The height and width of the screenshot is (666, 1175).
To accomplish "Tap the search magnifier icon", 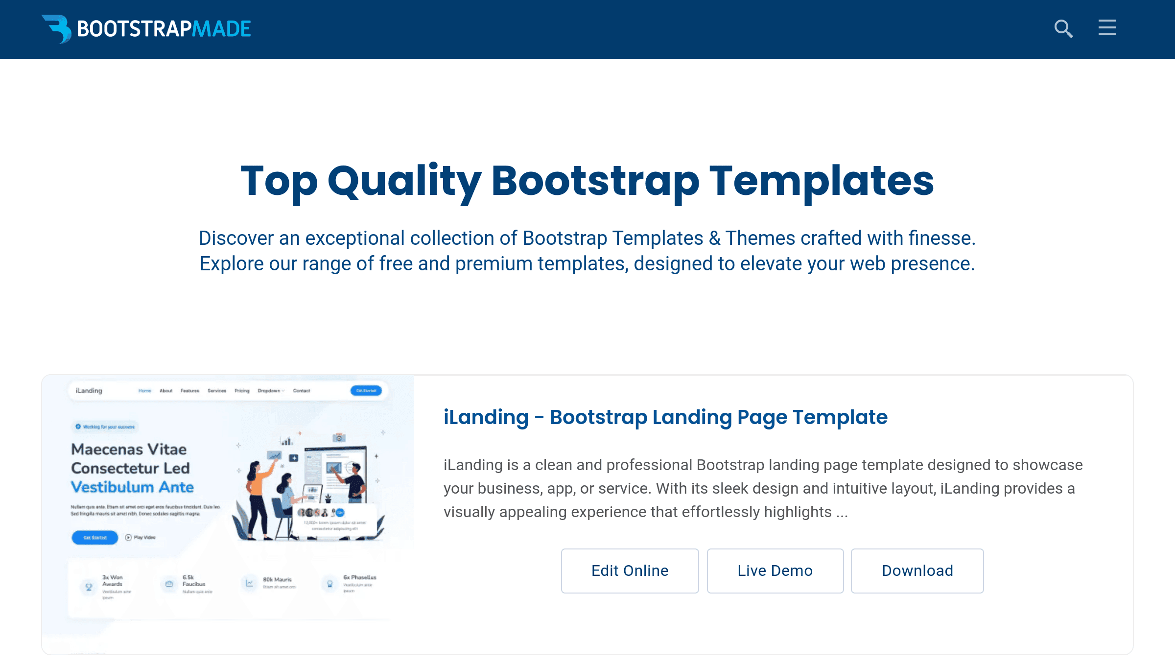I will [1063, 29].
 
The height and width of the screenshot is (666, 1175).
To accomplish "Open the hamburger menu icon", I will [1107, 28].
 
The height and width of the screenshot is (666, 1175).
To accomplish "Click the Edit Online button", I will [630, 571].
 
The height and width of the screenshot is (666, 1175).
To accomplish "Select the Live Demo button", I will [775, 571].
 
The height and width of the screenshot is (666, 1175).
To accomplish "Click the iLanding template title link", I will [665, 417].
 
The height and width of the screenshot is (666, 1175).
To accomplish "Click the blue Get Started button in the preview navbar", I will [366, 391].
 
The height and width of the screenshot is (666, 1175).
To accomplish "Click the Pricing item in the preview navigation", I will [242, 391].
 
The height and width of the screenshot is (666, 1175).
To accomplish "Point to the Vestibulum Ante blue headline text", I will [132, 487].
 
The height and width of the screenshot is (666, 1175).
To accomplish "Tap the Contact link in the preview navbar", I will [302, 391].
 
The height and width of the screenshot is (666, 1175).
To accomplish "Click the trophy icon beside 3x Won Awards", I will [89, 586].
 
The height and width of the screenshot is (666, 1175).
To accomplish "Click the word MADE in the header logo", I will [221, 29].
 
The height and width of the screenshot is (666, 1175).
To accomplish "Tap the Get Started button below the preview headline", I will [94, 537].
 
